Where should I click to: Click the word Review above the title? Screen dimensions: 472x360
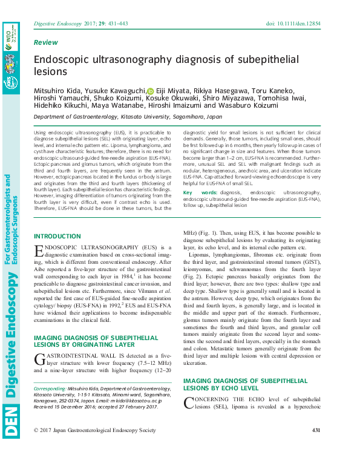[46, 43]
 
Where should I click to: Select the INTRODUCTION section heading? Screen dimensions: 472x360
[57, 236]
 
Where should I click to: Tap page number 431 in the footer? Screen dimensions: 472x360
[315, 447]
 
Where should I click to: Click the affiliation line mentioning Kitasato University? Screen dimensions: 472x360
[128, 116]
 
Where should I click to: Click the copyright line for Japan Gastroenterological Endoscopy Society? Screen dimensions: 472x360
[94, 447]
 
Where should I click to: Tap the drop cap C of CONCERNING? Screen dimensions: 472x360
[188, 402]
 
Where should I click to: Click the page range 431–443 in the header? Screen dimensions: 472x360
[119, 24]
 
